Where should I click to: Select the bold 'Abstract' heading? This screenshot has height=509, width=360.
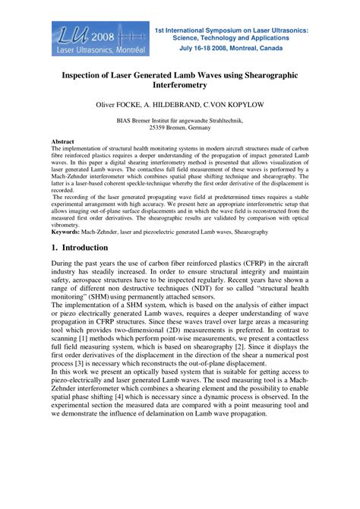[x=62, y=142]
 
